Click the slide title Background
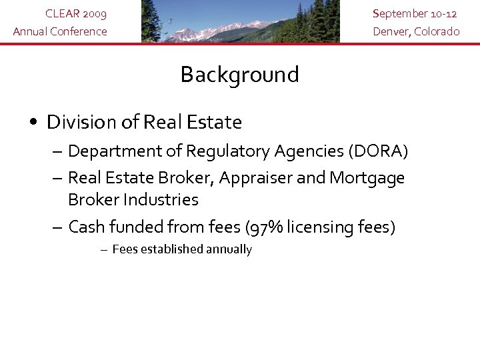click(x=239, y=75)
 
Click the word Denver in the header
click(x=391, y=31)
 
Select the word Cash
click(x=87, y=227)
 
